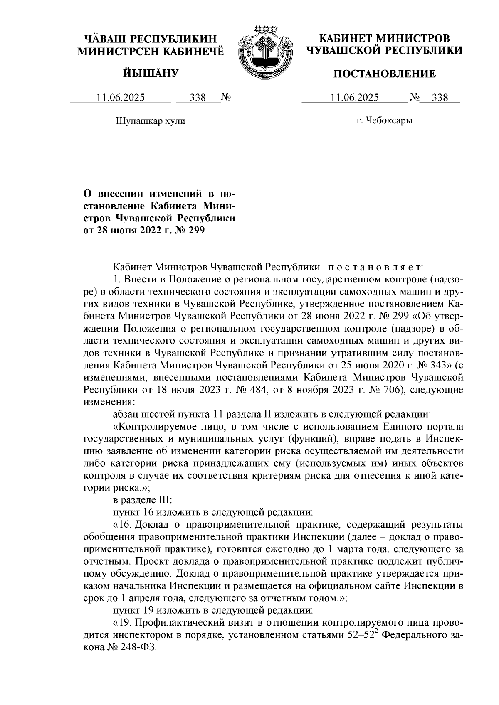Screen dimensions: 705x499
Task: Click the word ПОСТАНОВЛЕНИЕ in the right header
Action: tap(385, 74)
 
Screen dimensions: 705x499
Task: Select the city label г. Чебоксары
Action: tap(384, 121)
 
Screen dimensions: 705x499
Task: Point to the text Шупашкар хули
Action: tap(149, 121)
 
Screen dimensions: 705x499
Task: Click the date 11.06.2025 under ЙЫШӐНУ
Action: tap(121, 98)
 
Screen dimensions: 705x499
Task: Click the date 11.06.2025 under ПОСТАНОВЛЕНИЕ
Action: tap(354, 98)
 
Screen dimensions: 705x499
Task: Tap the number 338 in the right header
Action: tap(440, 98)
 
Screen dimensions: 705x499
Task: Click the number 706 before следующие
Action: tap(383, 390)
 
